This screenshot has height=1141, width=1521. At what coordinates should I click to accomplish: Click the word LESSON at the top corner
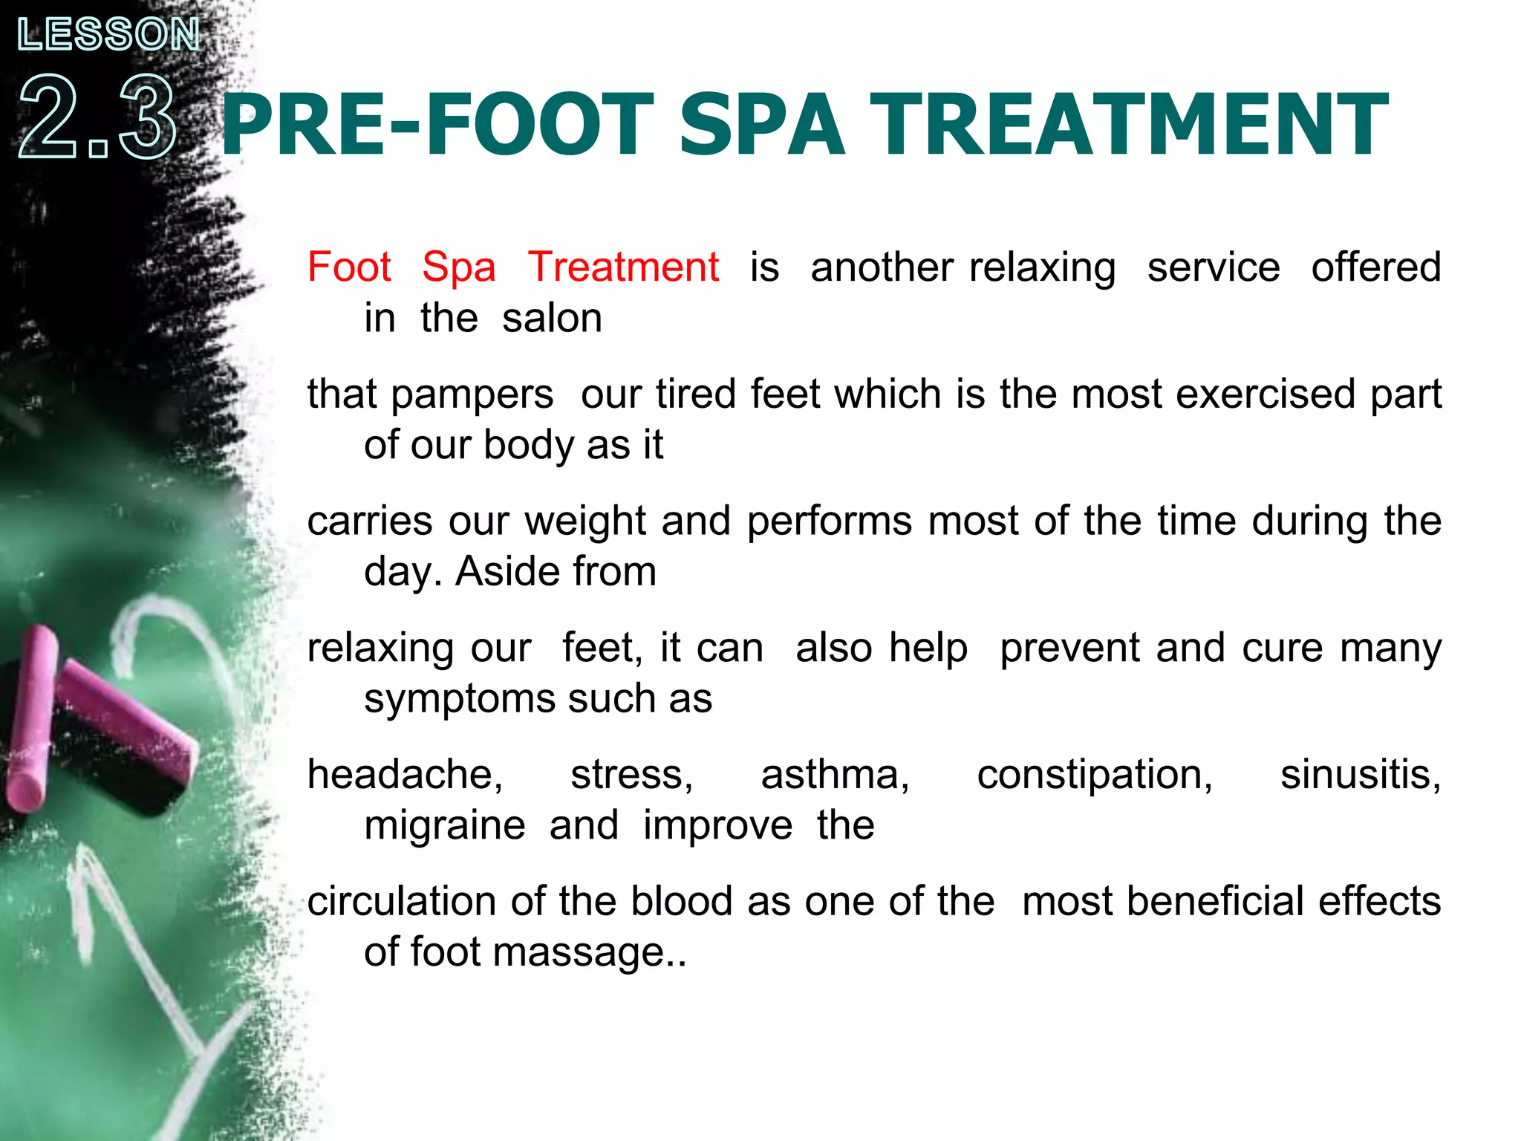point(108,34)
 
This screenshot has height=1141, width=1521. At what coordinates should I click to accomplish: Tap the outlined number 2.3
point(97,117)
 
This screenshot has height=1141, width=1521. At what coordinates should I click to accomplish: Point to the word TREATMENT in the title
point(1128,125)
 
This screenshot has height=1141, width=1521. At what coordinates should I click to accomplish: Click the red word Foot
point(349,267)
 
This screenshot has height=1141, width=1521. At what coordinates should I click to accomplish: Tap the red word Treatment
point(623,267)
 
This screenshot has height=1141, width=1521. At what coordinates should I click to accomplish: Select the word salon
point(552,318)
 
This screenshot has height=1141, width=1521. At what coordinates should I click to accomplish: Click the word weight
point(585,521)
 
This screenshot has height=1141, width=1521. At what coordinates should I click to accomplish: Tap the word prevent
point(1069,648)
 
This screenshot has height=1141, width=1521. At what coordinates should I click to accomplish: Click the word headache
point(405,775)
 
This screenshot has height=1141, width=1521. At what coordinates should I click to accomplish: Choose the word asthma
point(835,775)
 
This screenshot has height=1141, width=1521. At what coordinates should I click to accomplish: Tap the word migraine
point(445,827)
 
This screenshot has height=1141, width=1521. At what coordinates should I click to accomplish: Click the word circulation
point(402,901)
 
